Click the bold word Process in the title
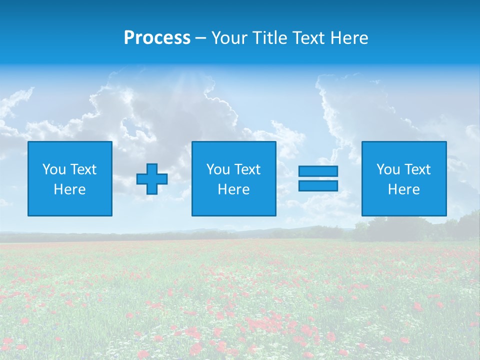click(x=157, y=38)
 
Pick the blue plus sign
click(x=152, y=179)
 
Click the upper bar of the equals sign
click(x=318, y=171)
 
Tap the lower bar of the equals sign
click(x=318, y=186)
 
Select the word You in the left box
click(x=54, y=169)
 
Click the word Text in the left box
click(x=83, y=169)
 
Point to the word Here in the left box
click(x=69, y=189)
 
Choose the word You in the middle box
click(x=218, y=169)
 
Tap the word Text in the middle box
click(x=247, y=169)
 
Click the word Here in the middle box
click(x=233, y=189)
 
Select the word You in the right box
click(x=388, y=169)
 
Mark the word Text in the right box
click(x=417, y=169)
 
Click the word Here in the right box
click(x=403, y=189)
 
